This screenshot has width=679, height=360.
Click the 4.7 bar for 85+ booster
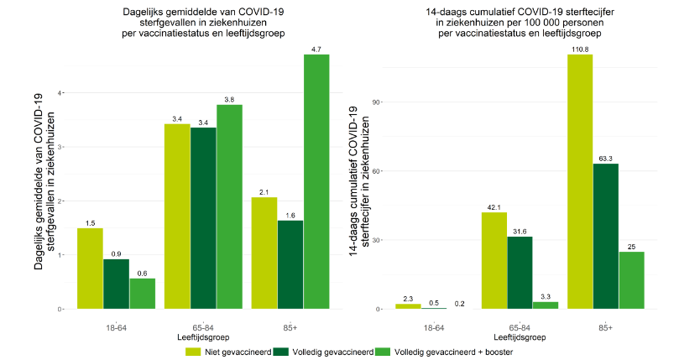(316, 181)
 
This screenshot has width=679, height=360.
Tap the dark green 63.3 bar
(605, 236)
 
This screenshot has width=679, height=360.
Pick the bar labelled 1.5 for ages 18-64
(90, 269)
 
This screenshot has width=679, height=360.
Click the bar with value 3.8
(229, 206)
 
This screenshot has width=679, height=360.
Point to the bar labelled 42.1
(494, 260)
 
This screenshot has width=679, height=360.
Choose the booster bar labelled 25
(631, 280)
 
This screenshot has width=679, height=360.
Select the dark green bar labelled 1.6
(290, 264)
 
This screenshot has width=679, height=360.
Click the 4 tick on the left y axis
(60, 92)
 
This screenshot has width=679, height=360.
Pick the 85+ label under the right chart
(605, 326)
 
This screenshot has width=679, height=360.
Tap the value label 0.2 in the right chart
(460, 303)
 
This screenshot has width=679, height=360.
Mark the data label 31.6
(520, 231)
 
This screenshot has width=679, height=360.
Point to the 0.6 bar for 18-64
(142, 294)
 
